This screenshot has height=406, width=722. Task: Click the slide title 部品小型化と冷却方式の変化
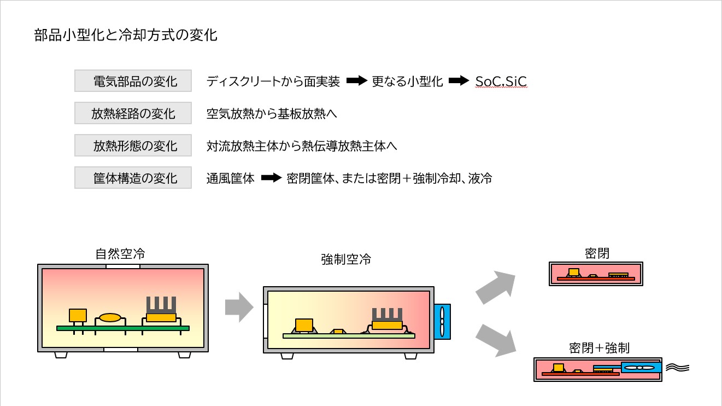(126, 36)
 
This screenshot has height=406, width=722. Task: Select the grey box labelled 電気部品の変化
(133, 82)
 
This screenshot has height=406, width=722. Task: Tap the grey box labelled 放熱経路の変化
(133, 114)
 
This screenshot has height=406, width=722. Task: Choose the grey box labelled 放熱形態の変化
(133, 146)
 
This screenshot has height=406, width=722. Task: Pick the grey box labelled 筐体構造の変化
(133, 178)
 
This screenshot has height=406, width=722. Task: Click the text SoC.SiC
(501, 82)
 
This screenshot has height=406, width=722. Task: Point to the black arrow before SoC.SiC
(459, 82)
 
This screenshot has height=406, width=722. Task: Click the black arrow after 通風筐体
(271, 178)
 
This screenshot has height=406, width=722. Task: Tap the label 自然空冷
(120, 254)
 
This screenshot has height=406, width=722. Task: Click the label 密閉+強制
(598, 348)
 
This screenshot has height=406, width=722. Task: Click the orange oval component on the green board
(110, 317)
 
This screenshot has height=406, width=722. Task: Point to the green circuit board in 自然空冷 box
(123, 328)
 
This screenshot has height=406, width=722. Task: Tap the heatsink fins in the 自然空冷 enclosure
(161, 304)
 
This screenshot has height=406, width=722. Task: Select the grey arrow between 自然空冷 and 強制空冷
(239, 307)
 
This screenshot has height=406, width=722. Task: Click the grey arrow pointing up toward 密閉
(495, 287)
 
